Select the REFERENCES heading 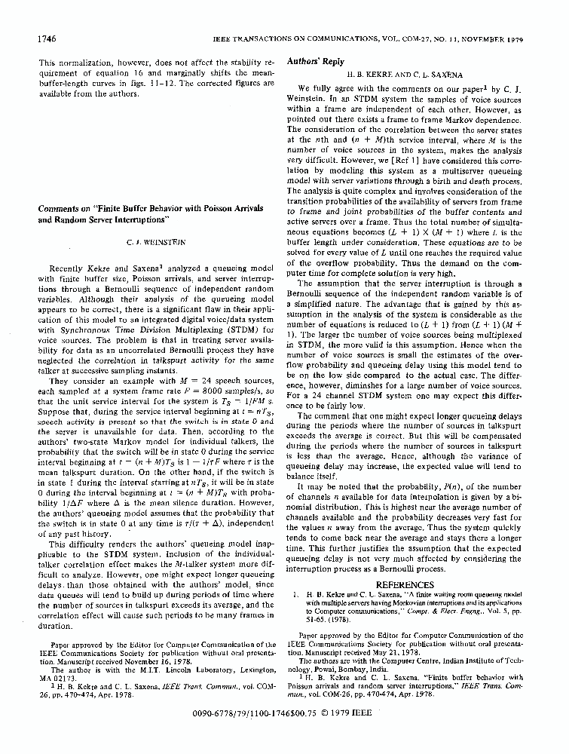[x=415, y=584]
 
